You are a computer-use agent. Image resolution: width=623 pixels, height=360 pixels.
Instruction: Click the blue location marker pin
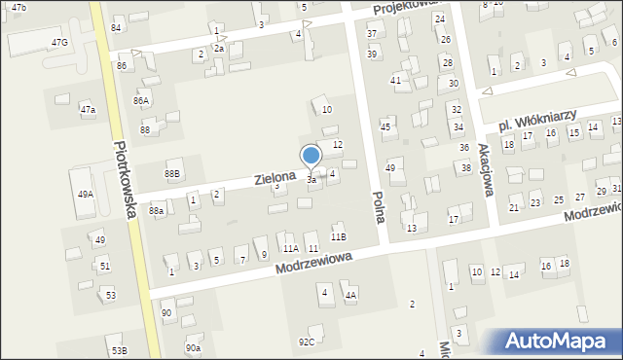click(x=311, y=156)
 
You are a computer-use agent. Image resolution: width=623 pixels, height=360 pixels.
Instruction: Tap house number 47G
click(x=60, y=43)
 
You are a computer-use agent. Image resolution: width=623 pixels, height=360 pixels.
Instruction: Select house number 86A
click(x=142, y=100)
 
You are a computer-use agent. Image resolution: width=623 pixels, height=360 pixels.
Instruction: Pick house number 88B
click(x=172, y=174)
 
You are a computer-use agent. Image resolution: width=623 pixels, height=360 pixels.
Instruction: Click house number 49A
click(x=86, y=195)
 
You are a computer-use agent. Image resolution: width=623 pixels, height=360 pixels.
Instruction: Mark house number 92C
click(x=307, y=342)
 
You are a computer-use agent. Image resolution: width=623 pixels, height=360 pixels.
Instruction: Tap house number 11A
click(x=290, y=249)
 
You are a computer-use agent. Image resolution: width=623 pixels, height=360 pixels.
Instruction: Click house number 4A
click(x=350, y=295)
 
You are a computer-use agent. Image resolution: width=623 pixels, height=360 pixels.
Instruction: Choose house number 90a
click(x=193, y=348)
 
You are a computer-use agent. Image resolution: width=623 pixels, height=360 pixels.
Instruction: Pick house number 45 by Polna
click(x=385, y=126)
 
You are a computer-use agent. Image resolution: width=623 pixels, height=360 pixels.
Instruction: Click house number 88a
click(x=156, y=210)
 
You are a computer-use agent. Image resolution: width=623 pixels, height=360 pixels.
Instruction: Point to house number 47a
click(x=88, y=110)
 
